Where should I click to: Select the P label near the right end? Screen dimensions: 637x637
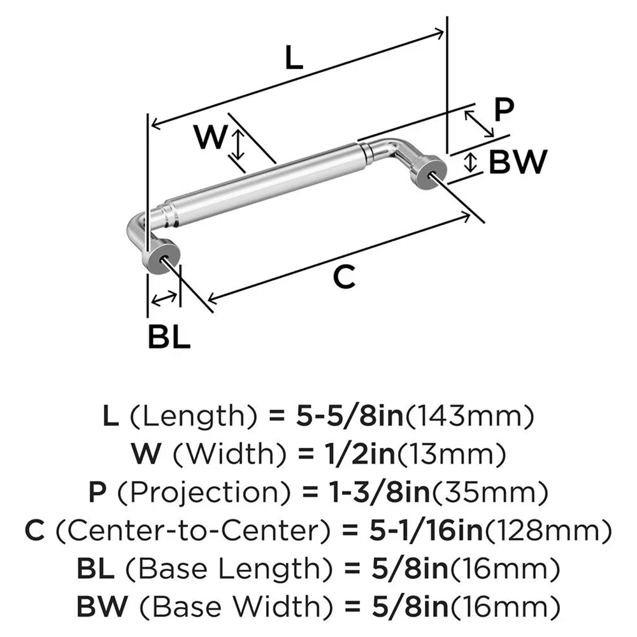[503, 110]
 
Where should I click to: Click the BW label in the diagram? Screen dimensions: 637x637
[517, 162]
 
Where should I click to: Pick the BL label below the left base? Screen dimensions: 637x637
[169, 337]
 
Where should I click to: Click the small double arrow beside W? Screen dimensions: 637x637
[237, 145]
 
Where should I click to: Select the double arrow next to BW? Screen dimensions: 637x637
[470, 162]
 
